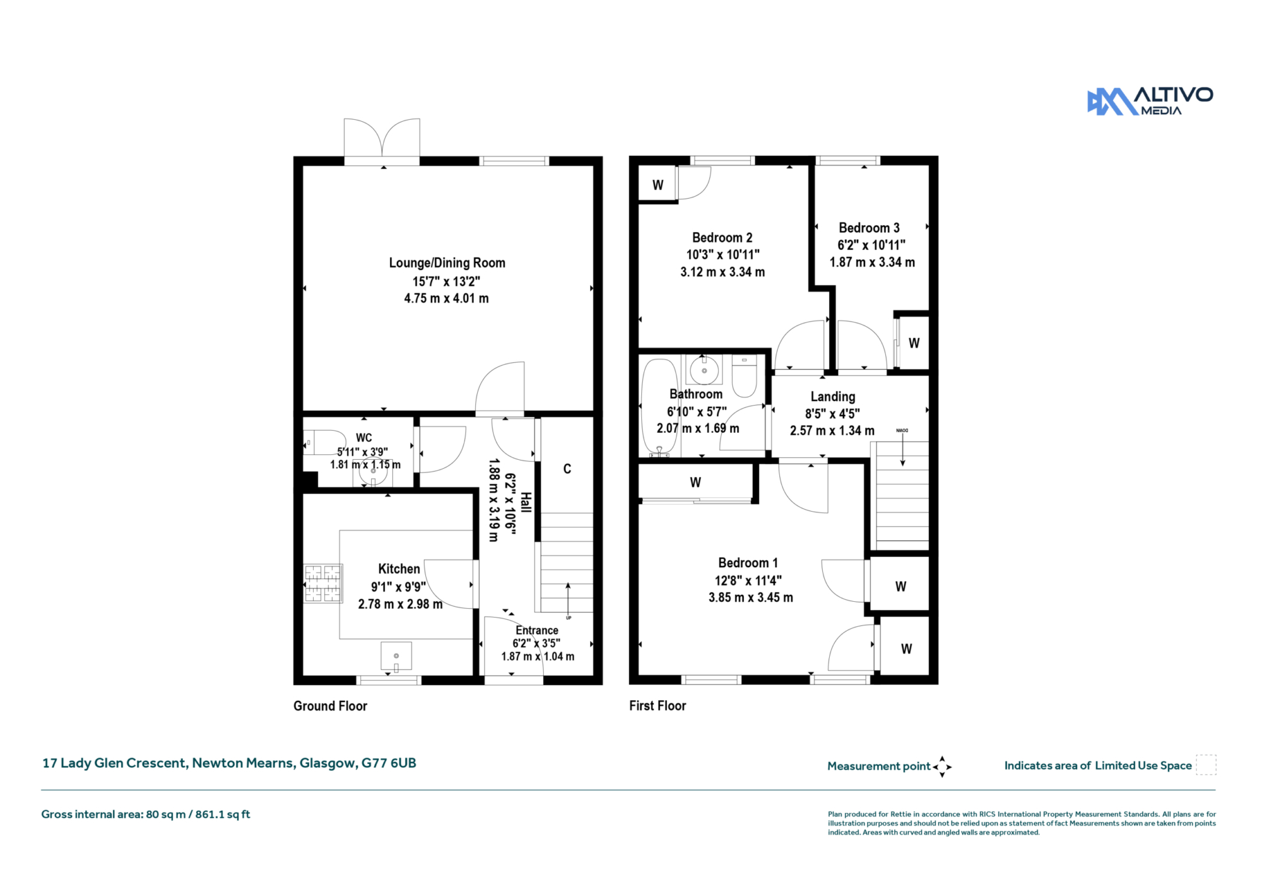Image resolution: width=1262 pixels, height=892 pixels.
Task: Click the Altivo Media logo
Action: (1150, 101)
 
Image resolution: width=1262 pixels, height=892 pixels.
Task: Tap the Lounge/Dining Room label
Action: (447, 262)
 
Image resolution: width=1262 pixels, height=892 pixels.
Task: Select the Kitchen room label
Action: (399, 568)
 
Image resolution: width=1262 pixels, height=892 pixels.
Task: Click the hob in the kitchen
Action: (323, 583)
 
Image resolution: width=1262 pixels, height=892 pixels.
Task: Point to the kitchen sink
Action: (396, 657)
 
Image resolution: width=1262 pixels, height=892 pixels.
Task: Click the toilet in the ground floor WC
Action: (324, 442)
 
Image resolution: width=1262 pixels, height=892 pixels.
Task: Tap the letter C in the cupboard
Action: (567, 469)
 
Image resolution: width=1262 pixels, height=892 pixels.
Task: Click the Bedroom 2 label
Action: (722, 238)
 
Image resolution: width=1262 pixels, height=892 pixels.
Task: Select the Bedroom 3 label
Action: (869, 228)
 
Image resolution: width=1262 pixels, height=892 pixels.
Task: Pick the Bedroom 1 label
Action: (748, 563)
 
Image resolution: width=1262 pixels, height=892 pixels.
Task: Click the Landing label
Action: (833, 397)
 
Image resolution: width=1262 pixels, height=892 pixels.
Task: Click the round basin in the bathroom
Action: (704, 370)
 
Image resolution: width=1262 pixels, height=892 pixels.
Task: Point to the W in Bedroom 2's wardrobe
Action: (658, 185)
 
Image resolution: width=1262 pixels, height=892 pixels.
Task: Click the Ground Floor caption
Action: (330, 706)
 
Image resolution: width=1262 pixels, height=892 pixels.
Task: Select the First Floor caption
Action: (658, 706)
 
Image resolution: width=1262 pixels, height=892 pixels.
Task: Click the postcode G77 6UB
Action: (389, 763)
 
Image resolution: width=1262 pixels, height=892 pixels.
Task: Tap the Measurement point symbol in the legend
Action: (942, 766)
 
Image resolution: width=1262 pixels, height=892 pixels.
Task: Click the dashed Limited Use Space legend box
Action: (1206, 765)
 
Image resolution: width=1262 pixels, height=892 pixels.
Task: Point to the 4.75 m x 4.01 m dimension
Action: (446, 298)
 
